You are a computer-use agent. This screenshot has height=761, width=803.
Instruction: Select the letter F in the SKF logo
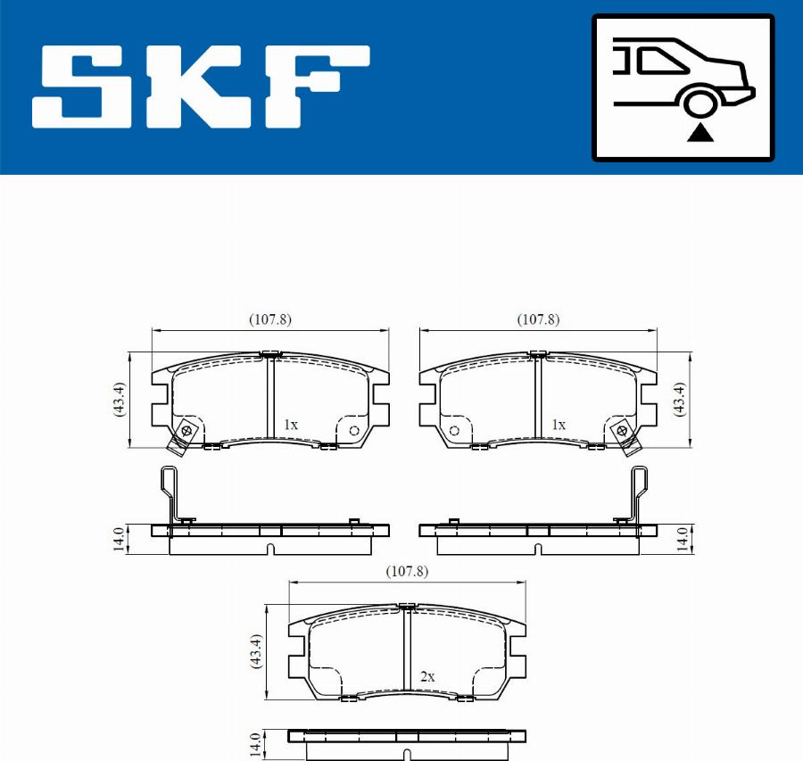click(312, 87)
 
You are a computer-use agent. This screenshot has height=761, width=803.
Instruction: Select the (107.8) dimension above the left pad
click(270, 319)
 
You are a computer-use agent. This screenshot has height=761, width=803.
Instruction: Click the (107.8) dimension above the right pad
click(539, 319)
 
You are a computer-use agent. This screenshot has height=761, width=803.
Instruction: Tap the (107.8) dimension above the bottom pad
click(407, 571)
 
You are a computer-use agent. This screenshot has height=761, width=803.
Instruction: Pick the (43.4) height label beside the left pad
click(118, 399)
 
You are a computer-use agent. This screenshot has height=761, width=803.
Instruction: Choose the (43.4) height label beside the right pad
click(681, 399)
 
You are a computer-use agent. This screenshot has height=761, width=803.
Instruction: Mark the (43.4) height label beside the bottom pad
click(255, 652)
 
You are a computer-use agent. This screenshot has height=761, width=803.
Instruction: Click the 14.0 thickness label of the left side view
click(118, 539)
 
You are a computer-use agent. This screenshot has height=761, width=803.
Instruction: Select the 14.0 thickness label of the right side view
click(681, 539)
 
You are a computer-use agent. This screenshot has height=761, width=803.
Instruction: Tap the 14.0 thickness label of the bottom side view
click(255, 743)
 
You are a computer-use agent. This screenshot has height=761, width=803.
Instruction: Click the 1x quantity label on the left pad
click(290, 426)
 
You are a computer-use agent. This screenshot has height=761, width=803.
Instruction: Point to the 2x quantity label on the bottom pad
click(426, 677)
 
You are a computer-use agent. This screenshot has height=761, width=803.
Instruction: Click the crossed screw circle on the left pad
click(186, 431)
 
